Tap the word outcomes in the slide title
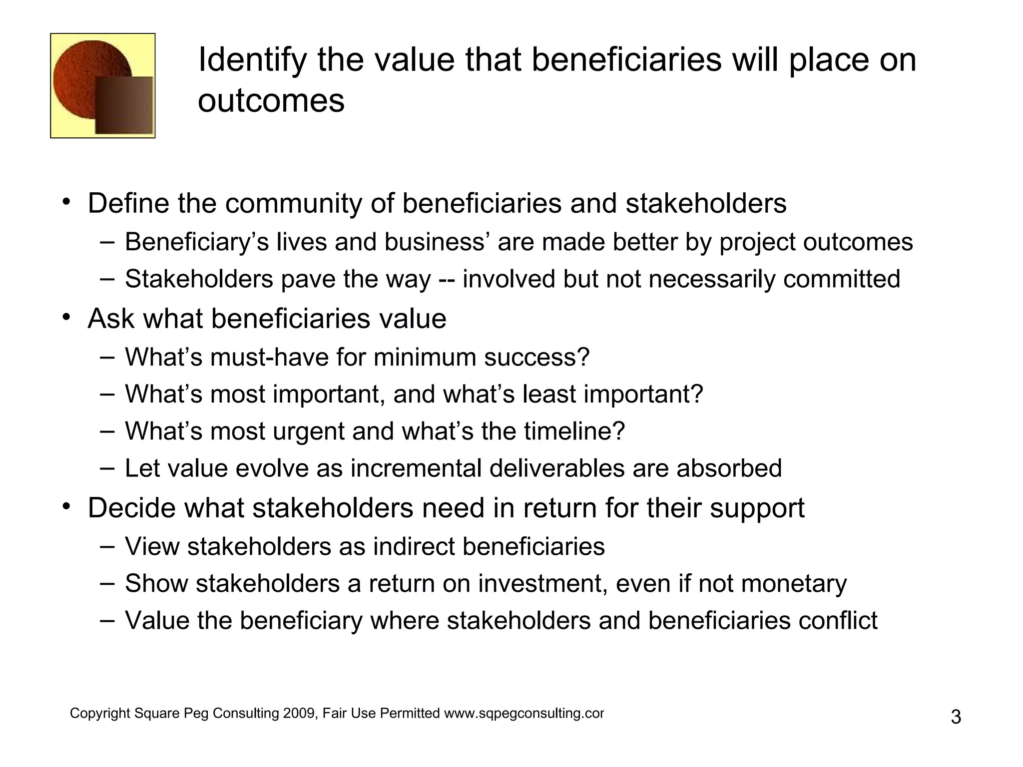pyautogui.click(x=271, y=101)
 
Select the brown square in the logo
pyautogui.click(x=124, y=105)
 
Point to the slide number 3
pyautogui.click(x=956, y=718)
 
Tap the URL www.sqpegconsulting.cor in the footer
pyautogui.click(x=524, y=714)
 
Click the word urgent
pyautogui.click(x=308, y=431)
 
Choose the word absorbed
pyautogui.click(x=729, y=469)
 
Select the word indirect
pyautogui.click(x=414, y=547)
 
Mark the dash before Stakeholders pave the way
pyautogui.click(x=106, y=279)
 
